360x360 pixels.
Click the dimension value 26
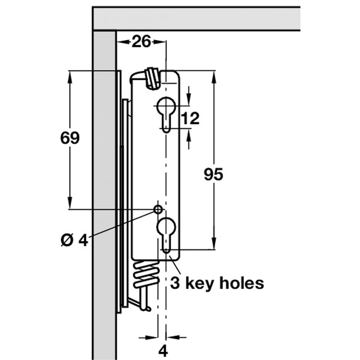(141, 42)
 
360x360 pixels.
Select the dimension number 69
(69, 138)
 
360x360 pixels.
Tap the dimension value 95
(213, 174)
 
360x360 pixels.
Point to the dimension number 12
(190, 118)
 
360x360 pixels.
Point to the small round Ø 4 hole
(158, 209)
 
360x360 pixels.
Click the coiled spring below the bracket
(146, 275)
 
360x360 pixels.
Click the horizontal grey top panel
(196, 18)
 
